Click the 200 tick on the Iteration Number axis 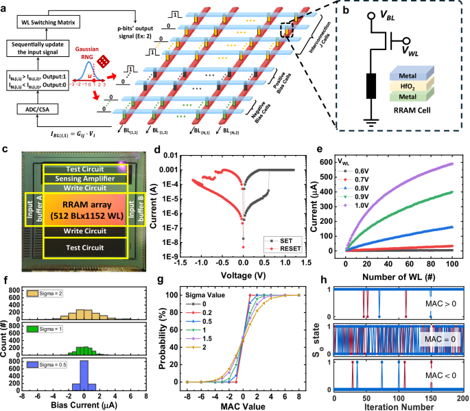(463, 398)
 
